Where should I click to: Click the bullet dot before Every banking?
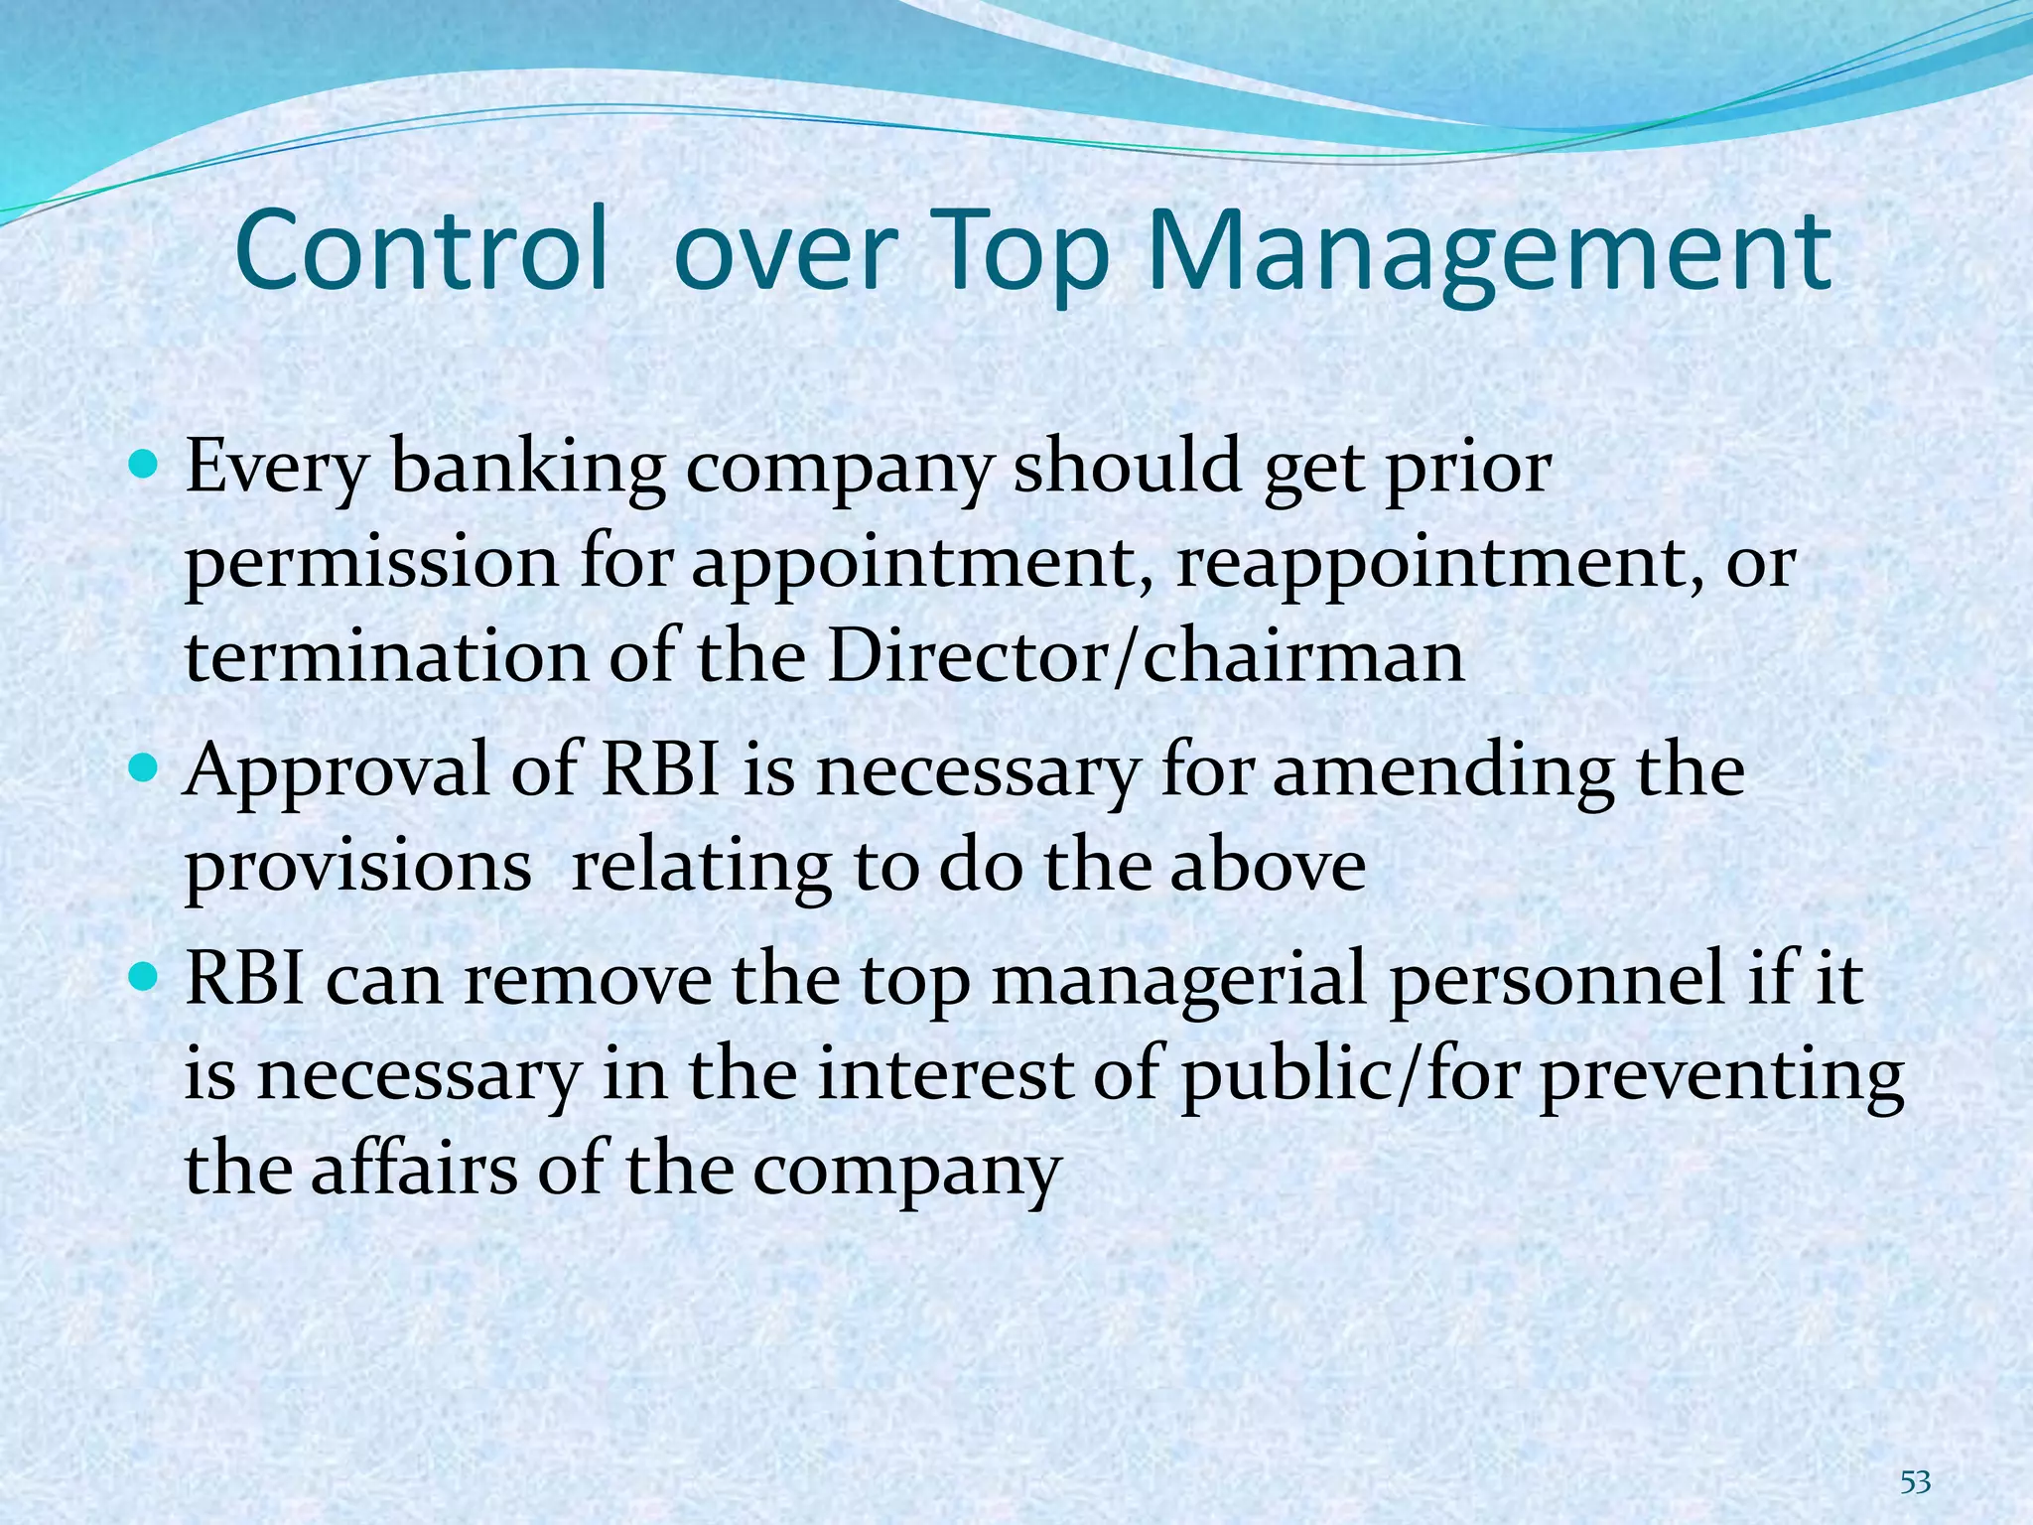pos(145,465)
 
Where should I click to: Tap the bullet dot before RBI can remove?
pos(145,977)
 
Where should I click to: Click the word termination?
pos(387,657)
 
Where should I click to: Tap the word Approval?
pos(337,772)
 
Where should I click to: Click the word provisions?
pos(358,868)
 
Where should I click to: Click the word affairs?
pos(414,1170)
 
